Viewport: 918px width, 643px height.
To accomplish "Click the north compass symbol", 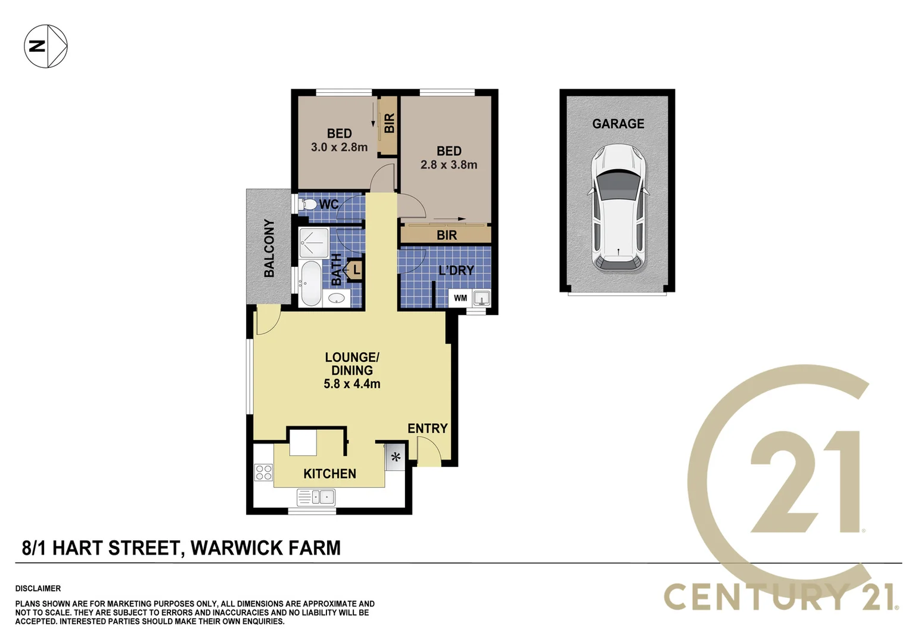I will coord(46,46).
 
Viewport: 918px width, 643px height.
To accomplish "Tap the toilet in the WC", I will coord(308,205).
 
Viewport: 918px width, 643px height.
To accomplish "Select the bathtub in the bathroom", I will coord(310,283).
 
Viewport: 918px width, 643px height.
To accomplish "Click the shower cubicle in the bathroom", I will coord(313,243).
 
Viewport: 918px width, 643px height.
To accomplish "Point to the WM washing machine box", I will coord(460,298).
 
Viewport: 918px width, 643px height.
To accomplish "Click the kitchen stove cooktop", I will coord(263,473).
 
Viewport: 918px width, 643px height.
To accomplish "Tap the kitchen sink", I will coord(316,497).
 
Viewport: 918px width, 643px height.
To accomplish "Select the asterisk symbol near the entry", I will coord(396,458).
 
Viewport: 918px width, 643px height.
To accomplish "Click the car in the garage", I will coord(618,208).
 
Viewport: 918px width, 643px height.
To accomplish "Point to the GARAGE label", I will coord(618,124).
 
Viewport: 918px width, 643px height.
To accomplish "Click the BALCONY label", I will coord(269,248).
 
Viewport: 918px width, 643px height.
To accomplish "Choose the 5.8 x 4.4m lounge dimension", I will coord(351,384).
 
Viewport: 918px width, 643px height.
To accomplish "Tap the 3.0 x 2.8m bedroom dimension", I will coord(339,147).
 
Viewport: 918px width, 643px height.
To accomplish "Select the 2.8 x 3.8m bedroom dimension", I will coord(449,165).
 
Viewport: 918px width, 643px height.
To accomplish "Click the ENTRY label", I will coord(427,428).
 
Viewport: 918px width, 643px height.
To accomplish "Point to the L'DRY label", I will coord(456,270).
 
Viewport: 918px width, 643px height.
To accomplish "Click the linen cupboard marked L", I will coord(355,270).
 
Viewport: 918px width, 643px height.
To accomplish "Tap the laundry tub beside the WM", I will coord(481,298).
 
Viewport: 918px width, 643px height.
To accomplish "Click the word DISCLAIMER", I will coord(38,588).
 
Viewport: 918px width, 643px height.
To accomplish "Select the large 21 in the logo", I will coord(804,482).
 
